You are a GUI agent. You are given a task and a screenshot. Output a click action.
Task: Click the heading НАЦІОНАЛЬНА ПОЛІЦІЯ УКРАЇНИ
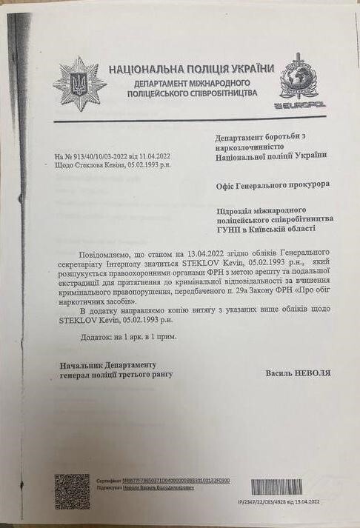point(187,69)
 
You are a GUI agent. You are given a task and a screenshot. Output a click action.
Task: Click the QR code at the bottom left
point(73,490)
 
